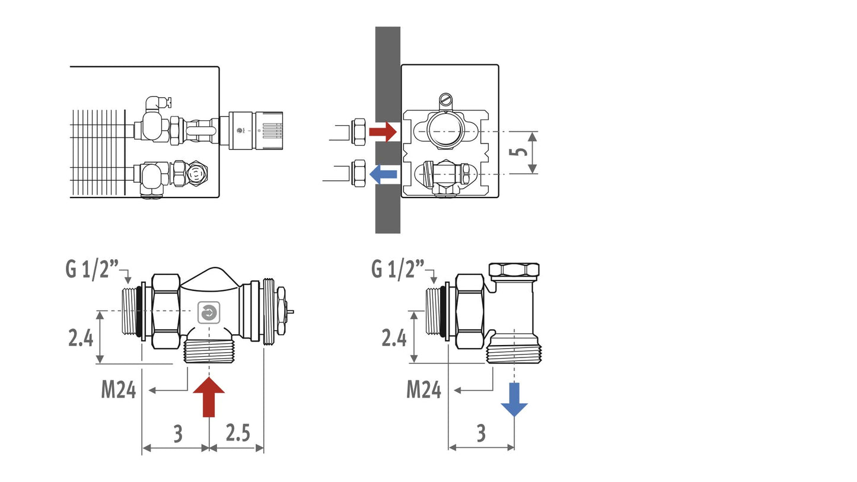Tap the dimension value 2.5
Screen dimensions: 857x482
(x=238, y=433)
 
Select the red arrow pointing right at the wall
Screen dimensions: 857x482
(x=383, y=132)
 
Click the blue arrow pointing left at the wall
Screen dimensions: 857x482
(x=383, y=174)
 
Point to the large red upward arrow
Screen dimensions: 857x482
(x=209, y=397)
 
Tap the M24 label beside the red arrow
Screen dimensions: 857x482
(x=118, y=390)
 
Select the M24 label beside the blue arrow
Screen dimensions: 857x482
(x=423, y=390)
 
